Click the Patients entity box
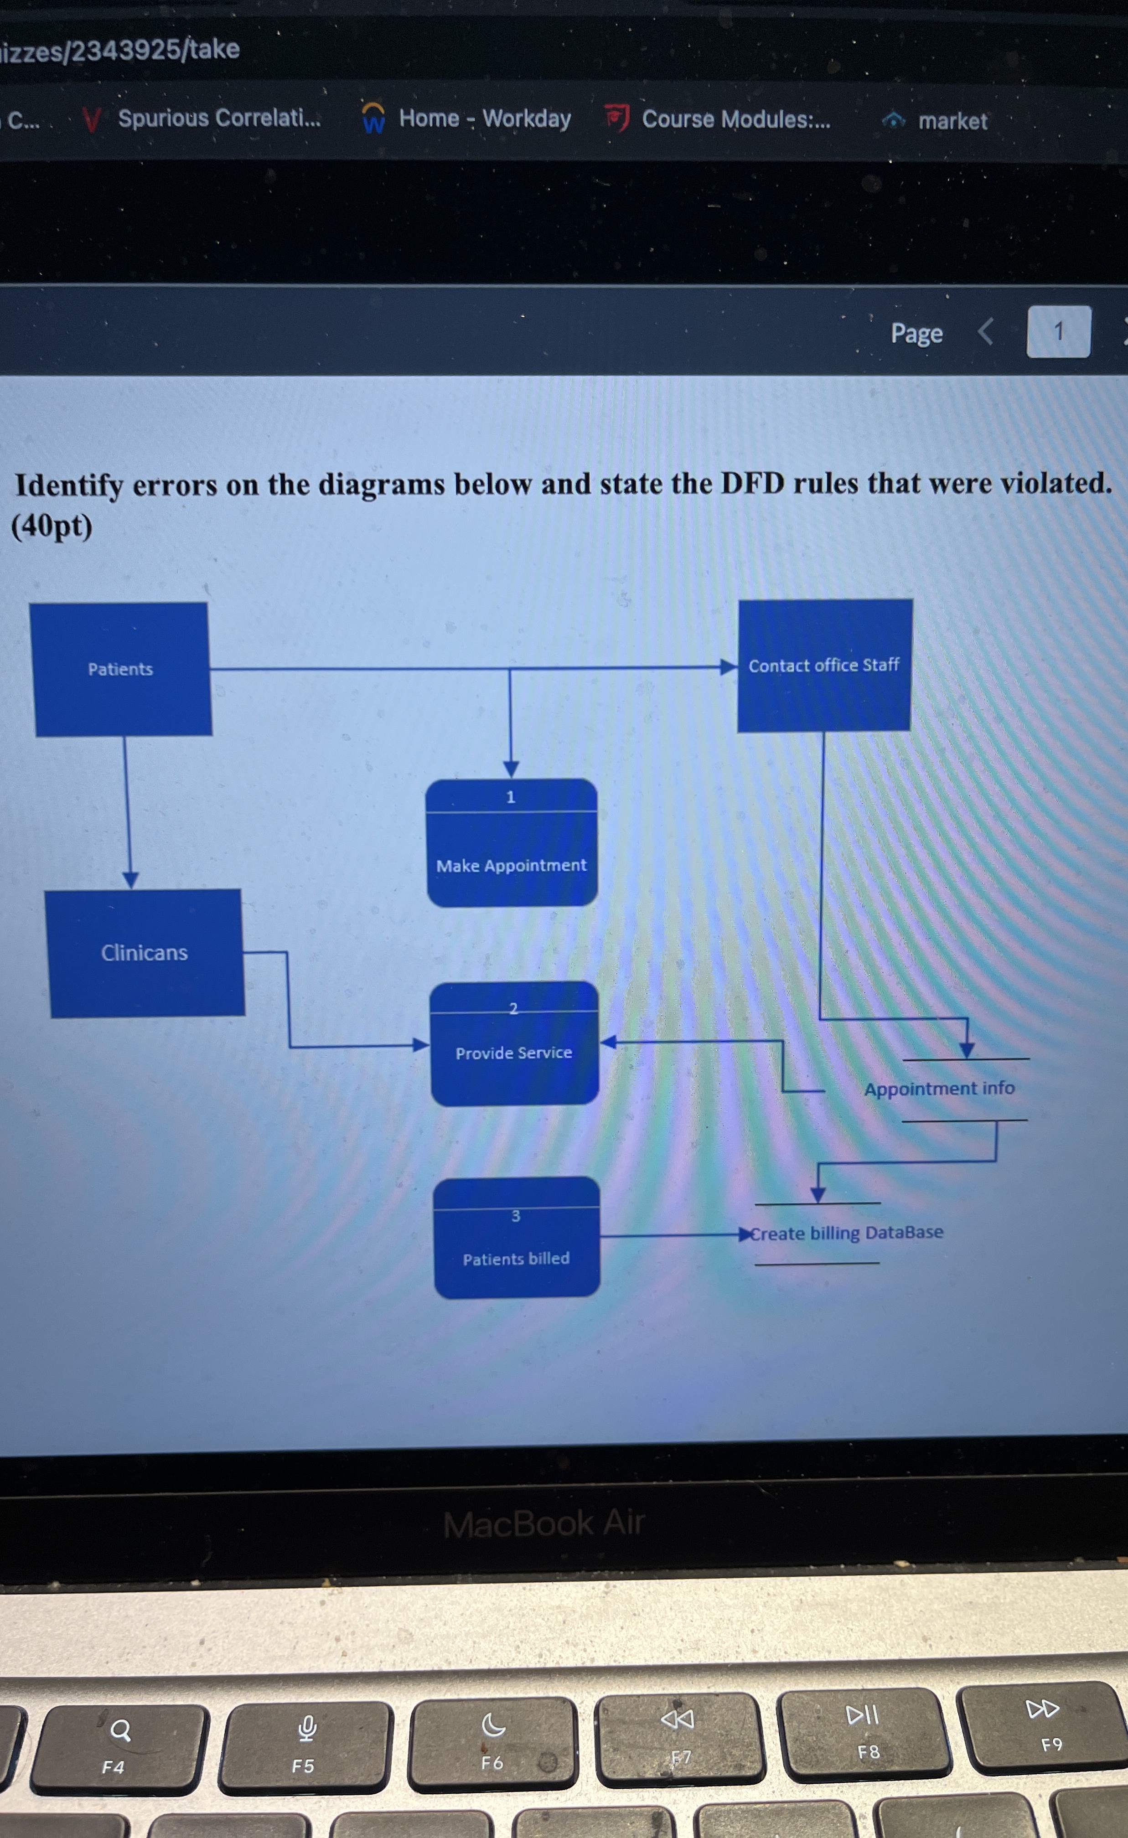tap(121, 669)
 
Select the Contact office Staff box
tap(824, 666)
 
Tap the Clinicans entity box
tap(145, 953)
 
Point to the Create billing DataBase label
tap(847, 1233)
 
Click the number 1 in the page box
tap(1058, 332)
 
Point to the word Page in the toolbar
tap(916, 333)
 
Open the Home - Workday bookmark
tap(484, 119)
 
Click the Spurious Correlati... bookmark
tap(218, 119)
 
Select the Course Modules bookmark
tap(735, 119)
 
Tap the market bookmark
tap(952, 121)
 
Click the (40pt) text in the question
tap(52, 527)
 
